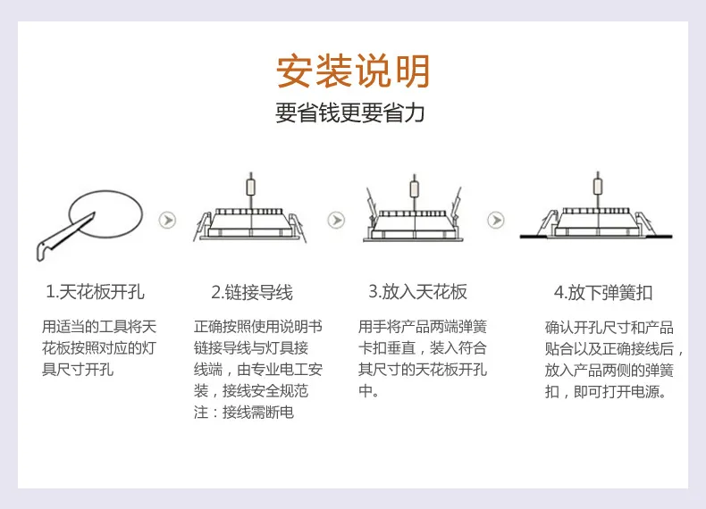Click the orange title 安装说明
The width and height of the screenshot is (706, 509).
pyautogui.click(x=352, y=71)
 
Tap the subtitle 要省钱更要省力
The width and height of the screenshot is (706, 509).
pyautogui.click(x=349, y=113)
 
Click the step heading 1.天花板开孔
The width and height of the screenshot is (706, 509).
pyautogui.click(x=95, y=292)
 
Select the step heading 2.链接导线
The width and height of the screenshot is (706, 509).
pyautogui.click(x=252, y=292)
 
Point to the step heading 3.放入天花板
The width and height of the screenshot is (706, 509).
pyautogui.click(x=418, y=292)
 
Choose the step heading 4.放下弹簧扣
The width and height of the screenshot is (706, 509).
pyautogui.click(x=603, y=293)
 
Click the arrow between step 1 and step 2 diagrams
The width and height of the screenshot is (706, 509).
pyautogui.click(x=167, y=220)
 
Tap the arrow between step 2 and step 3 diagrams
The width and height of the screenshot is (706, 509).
pyautogui.click(x=336, y=220)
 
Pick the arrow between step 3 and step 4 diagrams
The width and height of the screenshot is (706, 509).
pyautogui.click(x=496, y=220)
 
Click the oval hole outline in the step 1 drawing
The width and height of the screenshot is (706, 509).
pyautogui.click(x=106, y=191)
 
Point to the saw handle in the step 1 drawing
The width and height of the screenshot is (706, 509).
pyautogui.click(x=44, y=250)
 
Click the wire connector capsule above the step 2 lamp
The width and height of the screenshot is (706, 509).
pyautogui.click(x=251, y=188)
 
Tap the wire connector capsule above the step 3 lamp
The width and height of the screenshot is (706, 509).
pyautogui.click(x=415, y=188)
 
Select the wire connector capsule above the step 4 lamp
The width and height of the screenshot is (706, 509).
pyautogui.click(x=598, y=187)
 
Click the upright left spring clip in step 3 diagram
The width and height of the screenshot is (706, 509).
pyautogui.click(x=372, y=204)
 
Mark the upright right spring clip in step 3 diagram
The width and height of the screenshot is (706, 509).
pyautogui.click(x=456, y=204)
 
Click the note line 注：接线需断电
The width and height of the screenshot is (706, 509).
pyautogui.click(x=244, y=412)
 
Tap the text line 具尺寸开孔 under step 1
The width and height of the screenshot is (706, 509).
pyautogui.click(x=78, y=369)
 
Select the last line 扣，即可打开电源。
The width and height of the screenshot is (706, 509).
pyautogui.click(x=606, y=391)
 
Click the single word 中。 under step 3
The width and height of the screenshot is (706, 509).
pyautogui.click(x=368, y=390)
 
